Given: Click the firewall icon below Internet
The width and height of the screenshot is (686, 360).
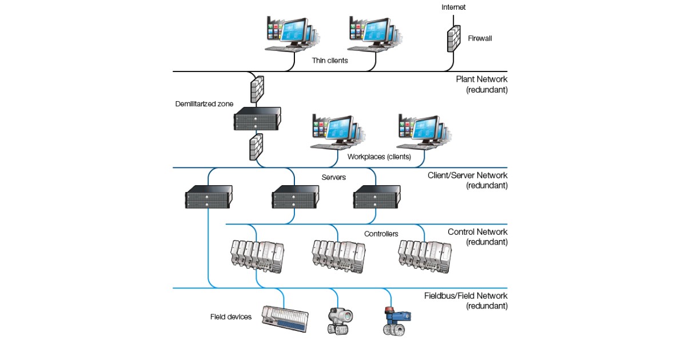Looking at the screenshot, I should (454, 39).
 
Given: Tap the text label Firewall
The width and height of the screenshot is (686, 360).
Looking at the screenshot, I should (480, 39).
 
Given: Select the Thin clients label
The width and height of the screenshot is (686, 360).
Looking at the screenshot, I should (330, 59).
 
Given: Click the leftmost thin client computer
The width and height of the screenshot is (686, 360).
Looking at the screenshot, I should (289, 34).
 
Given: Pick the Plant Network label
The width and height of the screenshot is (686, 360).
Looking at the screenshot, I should (481, 79).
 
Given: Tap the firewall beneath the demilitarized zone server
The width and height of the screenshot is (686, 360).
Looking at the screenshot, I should (256, 147).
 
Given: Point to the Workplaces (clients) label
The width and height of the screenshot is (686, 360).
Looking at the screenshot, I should (379, 156).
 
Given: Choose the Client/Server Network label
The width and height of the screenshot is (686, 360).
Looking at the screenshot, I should (467, 175).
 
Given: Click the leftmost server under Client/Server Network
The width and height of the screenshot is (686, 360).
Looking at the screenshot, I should (209, 197).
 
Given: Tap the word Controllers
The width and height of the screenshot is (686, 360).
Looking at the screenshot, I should (381, 234).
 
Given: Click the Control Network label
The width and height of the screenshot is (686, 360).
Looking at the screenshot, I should (477, 232).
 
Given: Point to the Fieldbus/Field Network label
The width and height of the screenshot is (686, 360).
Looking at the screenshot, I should (465, 296).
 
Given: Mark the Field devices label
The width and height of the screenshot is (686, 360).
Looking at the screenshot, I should (231, 317).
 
